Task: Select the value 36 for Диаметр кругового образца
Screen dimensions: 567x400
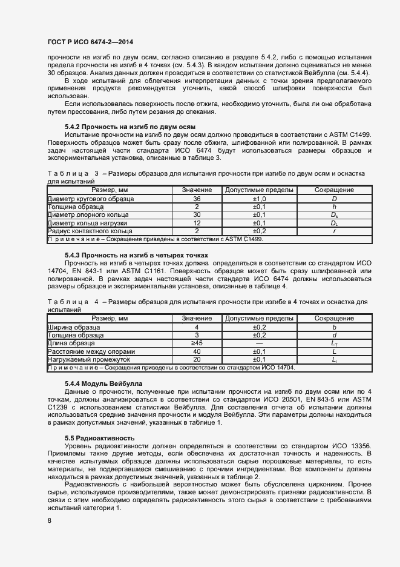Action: click(197, 199)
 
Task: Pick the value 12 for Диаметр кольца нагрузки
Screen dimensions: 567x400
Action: click(197, 223)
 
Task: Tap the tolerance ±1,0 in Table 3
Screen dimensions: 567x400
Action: click(259, 199)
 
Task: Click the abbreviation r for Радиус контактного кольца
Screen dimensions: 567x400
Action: click(334, 231)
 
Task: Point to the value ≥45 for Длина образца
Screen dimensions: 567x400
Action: click(197, 343)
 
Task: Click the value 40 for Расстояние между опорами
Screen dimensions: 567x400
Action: click(197, 351)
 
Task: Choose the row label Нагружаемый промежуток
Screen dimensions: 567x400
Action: click(80, 359)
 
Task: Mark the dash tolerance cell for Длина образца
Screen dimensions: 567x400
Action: click(259, 343)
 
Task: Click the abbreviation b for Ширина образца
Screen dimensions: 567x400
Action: click(334, 327)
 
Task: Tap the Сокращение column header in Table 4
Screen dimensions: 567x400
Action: click(334, 319)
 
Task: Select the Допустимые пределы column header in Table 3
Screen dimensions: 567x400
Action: click(259, 190)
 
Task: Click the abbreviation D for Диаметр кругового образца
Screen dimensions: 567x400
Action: click(334, 199)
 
